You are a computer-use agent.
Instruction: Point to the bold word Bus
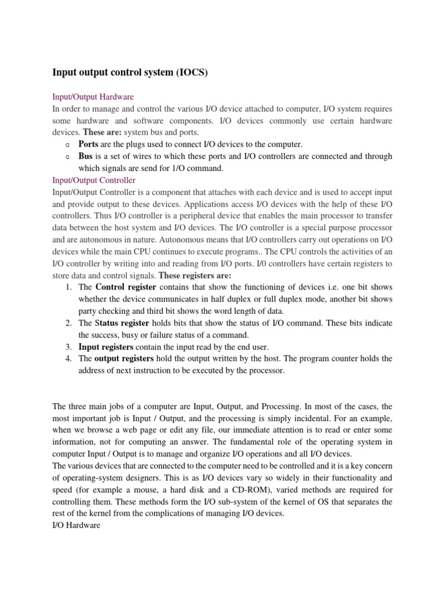coord(86,157)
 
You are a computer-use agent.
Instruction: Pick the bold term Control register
coord(125,287)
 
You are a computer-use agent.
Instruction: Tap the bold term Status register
coord(122,323)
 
